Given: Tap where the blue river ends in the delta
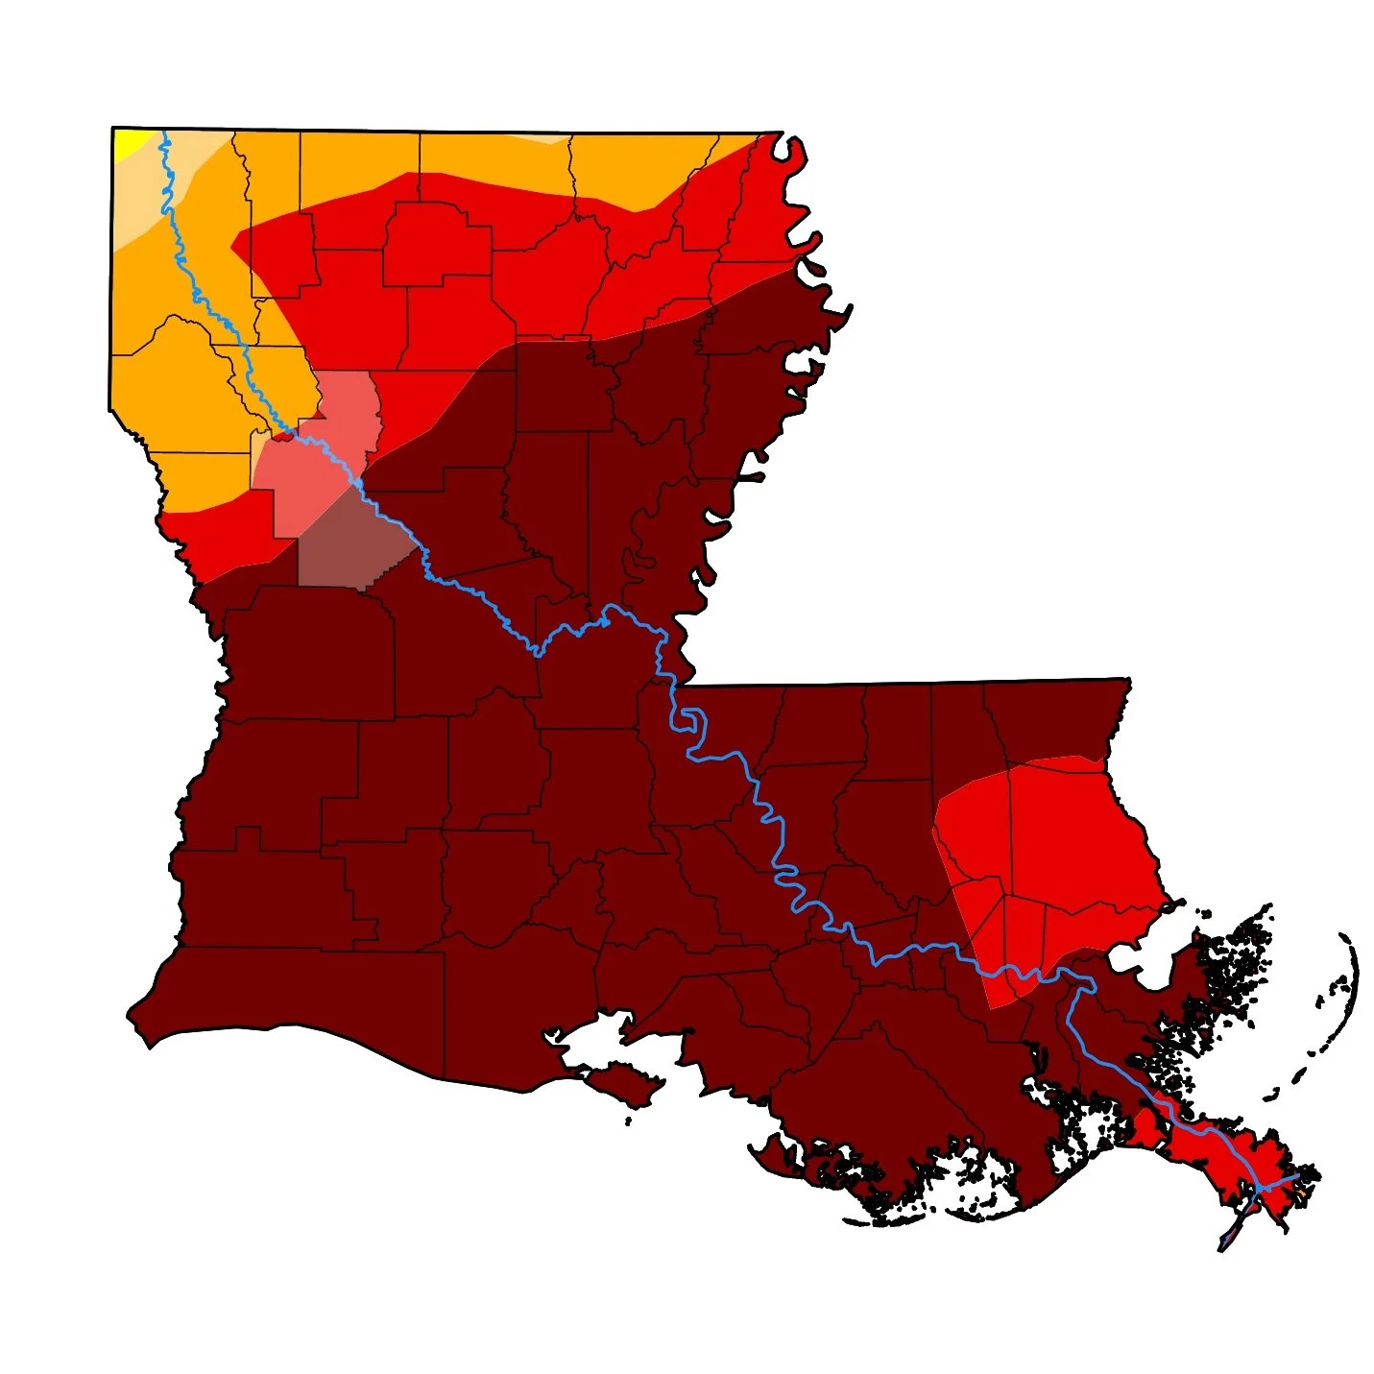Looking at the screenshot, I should [x=1296, y=1175].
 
